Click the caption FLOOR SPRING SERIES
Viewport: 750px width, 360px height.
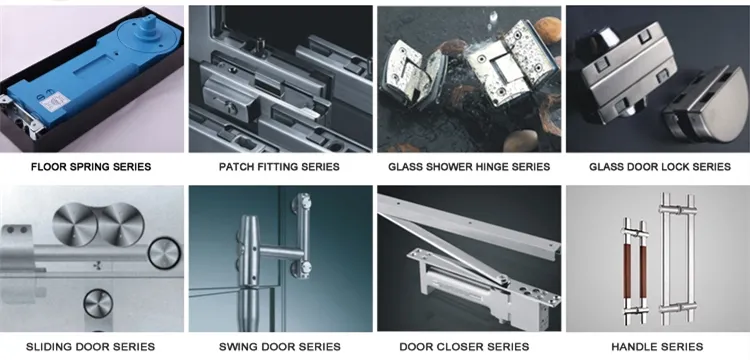click(91, 167)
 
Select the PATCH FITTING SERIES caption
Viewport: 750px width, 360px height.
click(279, 167)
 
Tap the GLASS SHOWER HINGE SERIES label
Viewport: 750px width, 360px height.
click(469, 167)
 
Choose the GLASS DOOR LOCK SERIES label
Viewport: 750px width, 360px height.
click(660, 167)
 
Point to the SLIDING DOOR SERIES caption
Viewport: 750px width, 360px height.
click(90, 347)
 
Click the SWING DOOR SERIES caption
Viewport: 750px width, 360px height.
click(280, 347)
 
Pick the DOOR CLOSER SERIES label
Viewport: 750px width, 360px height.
click(464, 347)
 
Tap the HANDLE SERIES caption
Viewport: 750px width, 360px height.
click(657, 347)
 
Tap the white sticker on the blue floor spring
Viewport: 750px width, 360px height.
click(55, 102)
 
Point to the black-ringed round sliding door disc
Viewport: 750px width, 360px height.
click(164, 253)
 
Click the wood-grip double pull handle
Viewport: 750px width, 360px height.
click(636, 271)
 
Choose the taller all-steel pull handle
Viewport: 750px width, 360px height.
click(677, 258)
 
